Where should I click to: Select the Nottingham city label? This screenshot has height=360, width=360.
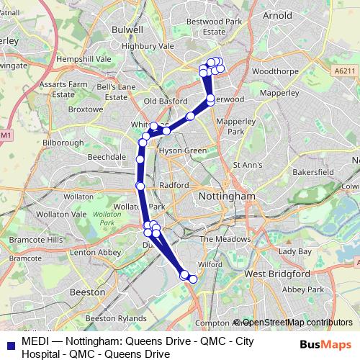coord(225,196)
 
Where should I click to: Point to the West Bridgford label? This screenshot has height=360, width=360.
coord(277,274)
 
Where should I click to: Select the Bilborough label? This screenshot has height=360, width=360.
coord(64,143)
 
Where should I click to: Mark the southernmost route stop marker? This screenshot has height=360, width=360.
coord(192,279)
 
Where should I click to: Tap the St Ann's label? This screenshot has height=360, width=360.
coord(247,165)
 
